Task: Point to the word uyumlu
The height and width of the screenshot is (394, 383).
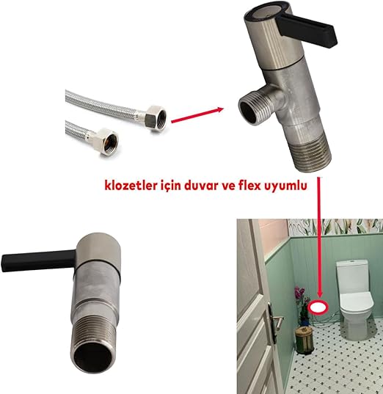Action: (286, 186)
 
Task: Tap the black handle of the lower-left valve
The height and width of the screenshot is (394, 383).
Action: (38, 260)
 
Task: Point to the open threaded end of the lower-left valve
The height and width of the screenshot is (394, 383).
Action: (92, 357)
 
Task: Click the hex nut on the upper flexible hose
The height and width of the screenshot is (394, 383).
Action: (156, 117)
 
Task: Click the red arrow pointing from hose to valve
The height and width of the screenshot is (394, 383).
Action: (197, 115)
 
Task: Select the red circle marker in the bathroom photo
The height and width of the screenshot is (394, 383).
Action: (318, 307)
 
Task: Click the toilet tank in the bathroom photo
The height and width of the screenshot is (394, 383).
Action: (352, 277)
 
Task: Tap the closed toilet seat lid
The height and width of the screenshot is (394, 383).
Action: (357, 299)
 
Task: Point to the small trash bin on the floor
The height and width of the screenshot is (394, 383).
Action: (304, 340)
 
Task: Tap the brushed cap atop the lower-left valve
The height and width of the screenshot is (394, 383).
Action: (98, 247)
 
